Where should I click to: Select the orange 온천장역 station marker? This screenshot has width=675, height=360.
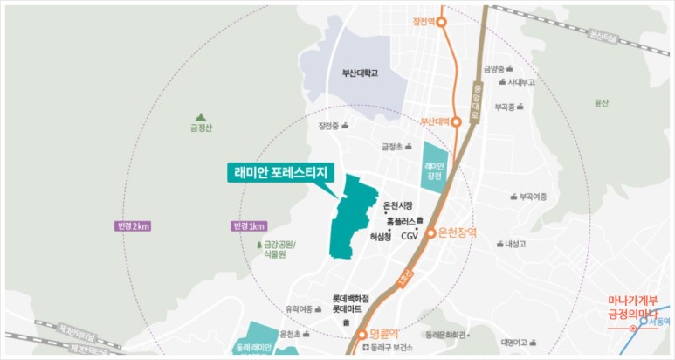coord(430,233)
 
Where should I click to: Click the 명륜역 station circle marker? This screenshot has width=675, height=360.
coord(362,334)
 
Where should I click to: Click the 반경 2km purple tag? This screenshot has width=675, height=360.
coord(134,226)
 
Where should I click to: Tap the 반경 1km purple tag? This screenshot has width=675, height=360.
coord(249,226)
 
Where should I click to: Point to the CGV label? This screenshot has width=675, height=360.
coord(410,236)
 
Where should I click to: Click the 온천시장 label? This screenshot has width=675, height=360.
coord(398,206)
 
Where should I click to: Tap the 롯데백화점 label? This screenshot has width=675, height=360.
coord(350,298)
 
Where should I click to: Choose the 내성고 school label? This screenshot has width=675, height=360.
coord(516,244)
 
